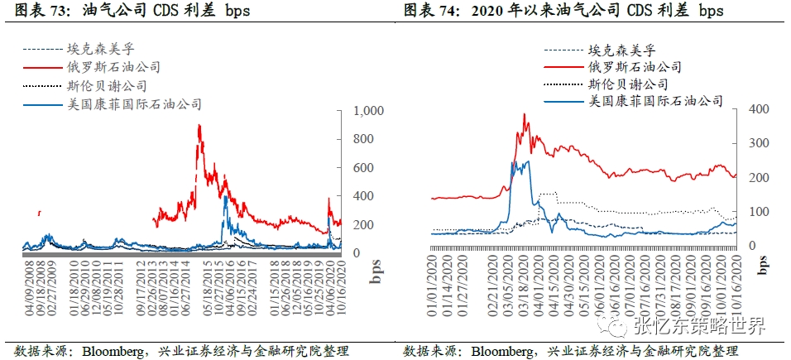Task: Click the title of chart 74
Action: (563, 11)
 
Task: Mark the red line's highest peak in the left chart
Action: (199, 126)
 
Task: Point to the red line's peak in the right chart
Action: (525, 114)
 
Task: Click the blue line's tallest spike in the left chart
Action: (225, 197)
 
